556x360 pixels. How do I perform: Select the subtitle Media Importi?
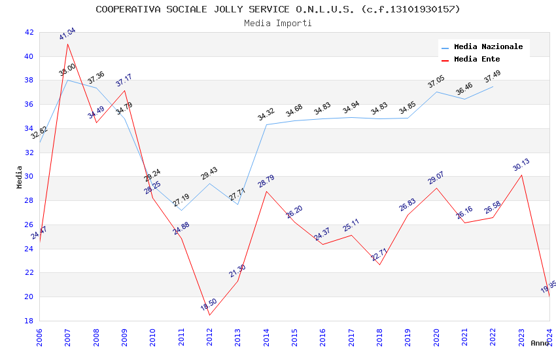(x=277, y=23)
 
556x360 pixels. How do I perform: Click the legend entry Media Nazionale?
(x=488, y=47)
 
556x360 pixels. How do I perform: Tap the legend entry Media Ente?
(x=477, y=60)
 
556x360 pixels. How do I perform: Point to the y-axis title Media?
(x=20, y=177)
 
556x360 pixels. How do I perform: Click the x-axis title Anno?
(x=540, y=343)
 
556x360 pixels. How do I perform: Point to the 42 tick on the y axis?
(x=29, y=32)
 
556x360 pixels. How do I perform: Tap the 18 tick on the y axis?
(x=29, y=321)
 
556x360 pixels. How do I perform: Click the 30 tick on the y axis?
(x=29, y=177)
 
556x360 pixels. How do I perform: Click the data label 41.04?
(x=67, y=34)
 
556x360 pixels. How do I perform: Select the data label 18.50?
(x=209, y=304)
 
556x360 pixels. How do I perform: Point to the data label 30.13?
(x=521, y=165)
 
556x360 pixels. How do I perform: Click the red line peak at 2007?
(x=68, y=44)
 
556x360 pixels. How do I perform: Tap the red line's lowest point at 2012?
(x=209, y=315)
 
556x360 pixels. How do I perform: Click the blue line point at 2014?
(x=266, y=124)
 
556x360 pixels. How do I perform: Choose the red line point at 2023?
(x=521, y=175)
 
